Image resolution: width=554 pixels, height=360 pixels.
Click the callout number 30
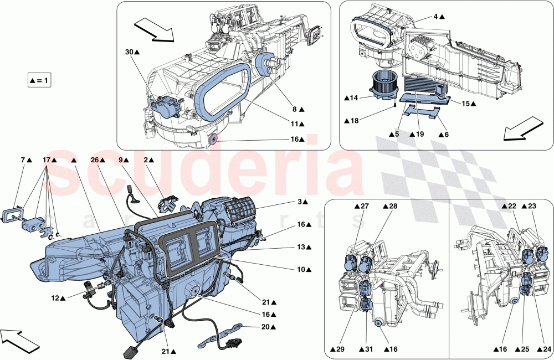(x=129, y=52)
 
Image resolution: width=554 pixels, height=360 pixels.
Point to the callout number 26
(x=94, y=160)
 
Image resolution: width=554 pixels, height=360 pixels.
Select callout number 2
(x=147, y=160)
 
